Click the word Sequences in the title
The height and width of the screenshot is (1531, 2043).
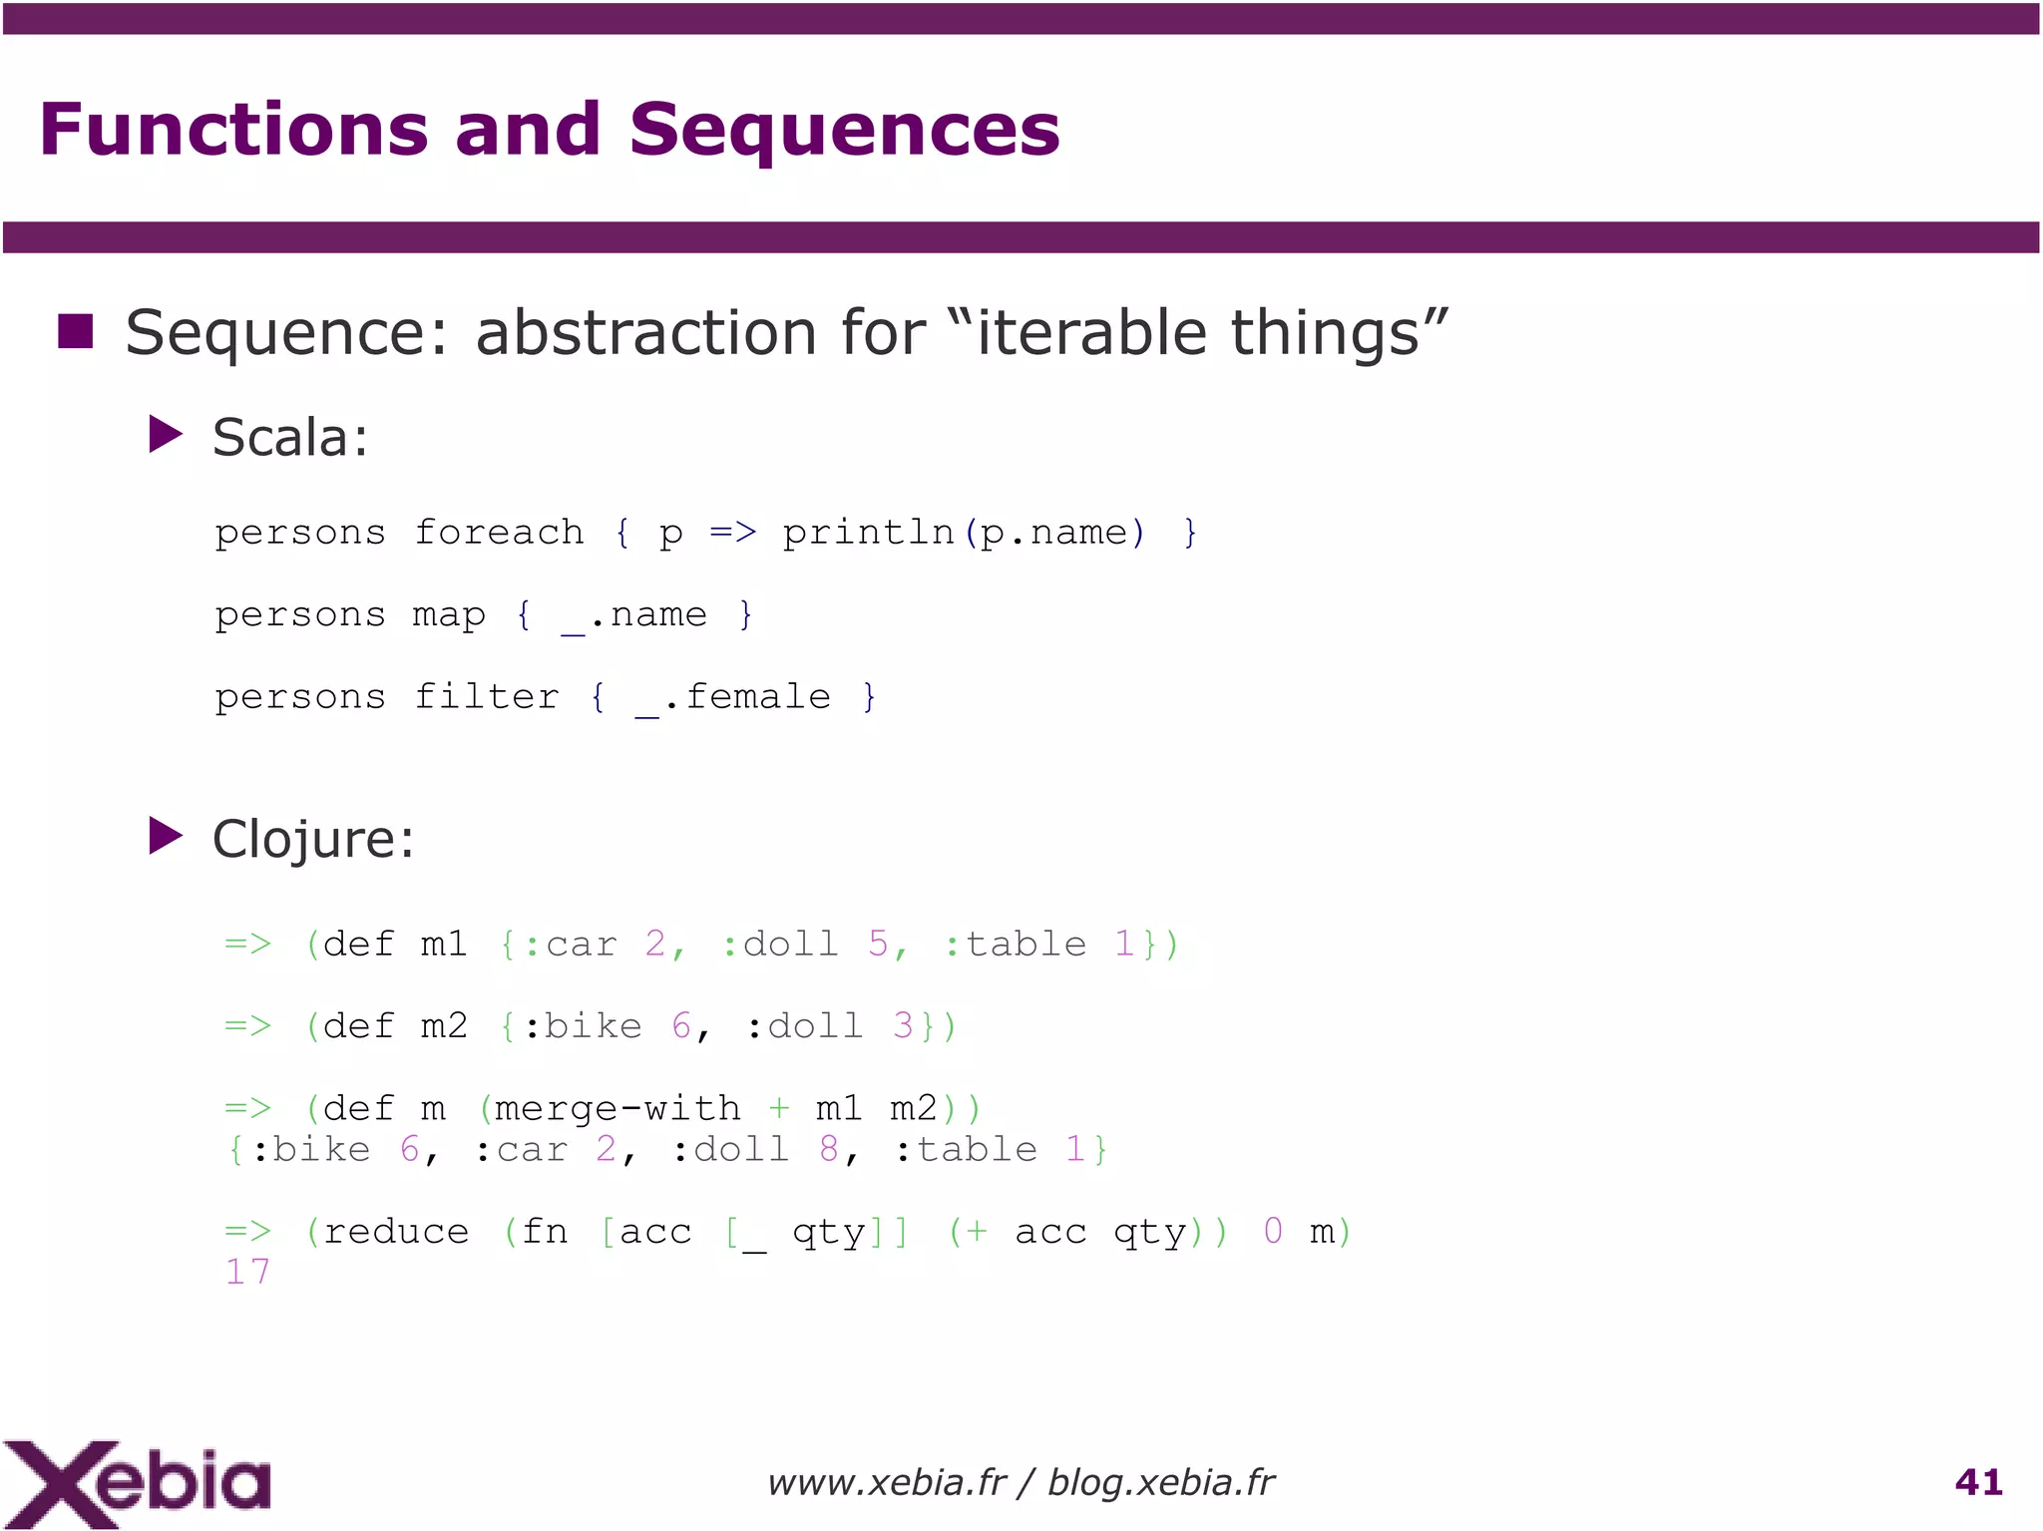(x=844, y=131)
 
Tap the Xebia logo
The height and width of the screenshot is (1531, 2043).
(x=137, y=1483)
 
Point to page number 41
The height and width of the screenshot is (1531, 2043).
(x=1978, y=1482)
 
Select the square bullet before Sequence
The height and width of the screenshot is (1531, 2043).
(x=76, y=332)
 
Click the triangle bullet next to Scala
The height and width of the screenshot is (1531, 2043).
(x=165, y=435)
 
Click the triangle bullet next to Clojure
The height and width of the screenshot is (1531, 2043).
(x=165, y=836)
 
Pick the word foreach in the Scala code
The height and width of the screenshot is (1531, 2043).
(x=499, y=533)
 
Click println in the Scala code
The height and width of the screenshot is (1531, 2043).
(x=868, y=533)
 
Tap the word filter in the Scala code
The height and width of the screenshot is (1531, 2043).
(x=487, y=697)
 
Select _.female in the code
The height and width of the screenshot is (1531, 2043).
(x=733, y=697)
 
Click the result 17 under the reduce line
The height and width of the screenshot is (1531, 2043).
(x=247, y=1273)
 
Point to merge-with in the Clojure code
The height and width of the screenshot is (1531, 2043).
(x=616, y=1108)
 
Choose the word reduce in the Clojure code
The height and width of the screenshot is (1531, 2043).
(x=396, y=1232)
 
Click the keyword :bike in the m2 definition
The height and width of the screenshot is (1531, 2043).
(x=583, y=1026)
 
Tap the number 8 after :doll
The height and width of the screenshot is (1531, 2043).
(x=828, y=1150)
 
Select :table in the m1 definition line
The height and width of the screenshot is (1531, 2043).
(x=1015, y=945)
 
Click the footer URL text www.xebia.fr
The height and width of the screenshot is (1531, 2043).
(x=886, y=1483)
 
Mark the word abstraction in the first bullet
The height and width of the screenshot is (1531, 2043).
(x=645, y=332)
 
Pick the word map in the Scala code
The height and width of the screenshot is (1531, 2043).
(x=449, y=615)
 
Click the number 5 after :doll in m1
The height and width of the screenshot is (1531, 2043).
(x=878, y=945)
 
